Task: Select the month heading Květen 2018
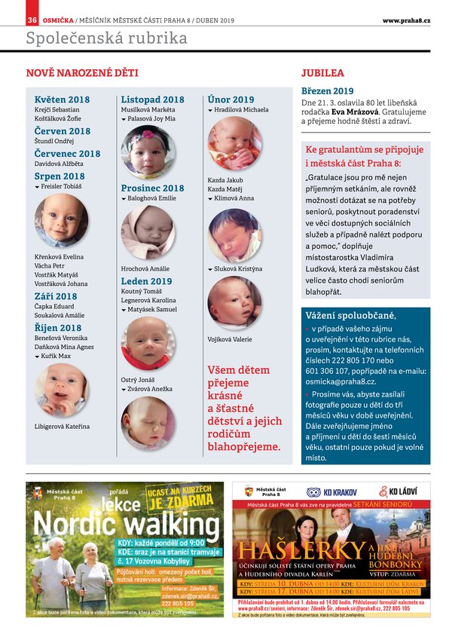point(62,100)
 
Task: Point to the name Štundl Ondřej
point(55,142)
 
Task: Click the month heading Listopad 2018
point(152,100)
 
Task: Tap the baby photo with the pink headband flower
point(148,152)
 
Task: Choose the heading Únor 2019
point(231,100)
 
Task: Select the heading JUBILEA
point(322,74)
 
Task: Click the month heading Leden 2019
point(146,281)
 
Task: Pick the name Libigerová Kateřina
point(62,427)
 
